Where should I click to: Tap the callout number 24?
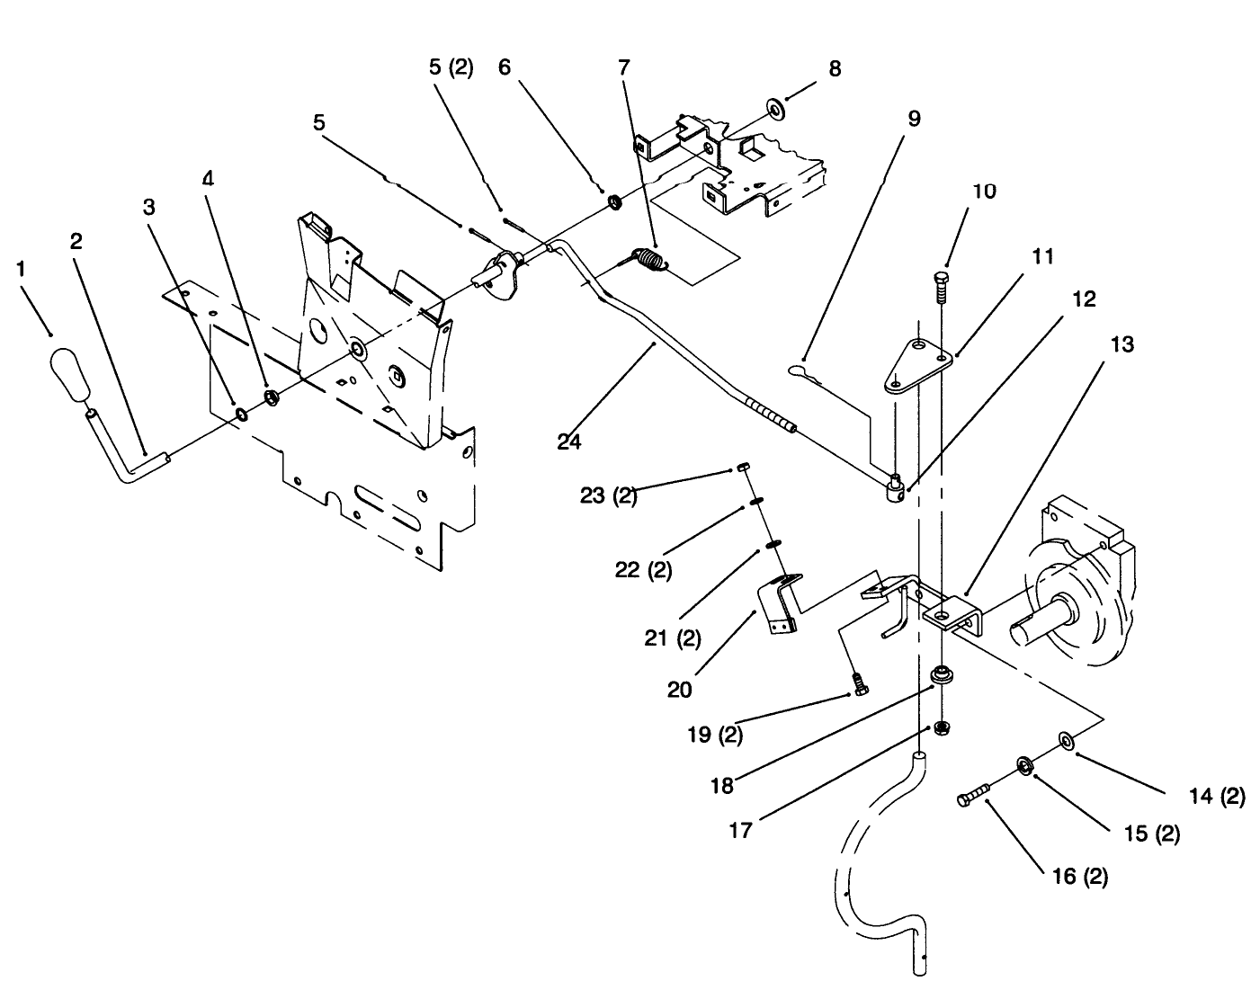click(x=569, y=441)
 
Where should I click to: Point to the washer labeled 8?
click(x=775, y=109)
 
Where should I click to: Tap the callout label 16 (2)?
click(x=1078, y=875)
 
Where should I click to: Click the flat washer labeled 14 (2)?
click(x=1067, y=740)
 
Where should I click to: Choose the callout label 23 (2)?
click(x=608, y=495)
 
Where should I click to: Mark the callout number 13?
click(x=1121, y=344)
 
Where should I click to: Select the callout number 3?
click(x=148, y=208)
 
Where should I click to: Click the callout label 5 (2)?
click(x=450, y=68)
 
